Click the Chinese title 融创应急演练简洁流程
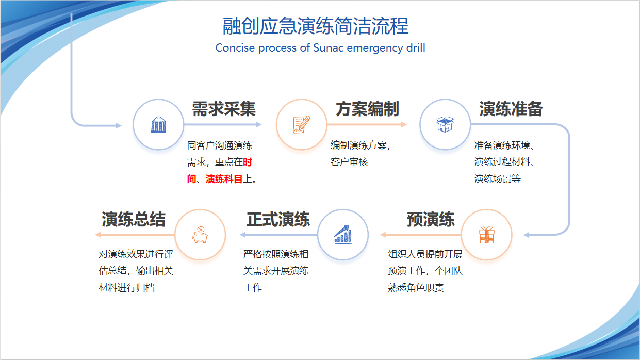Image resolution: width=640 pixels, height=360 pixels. coord(316,26)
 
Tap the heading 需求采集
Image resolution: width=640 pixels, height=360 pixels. coord(224,109)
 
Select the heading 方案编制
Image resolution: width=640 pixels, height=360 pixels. coord(367,109)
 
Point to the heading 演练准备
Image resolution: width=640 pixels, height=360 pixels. coord(511,109)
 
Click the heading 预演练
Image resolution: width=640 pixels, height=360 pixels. coord(431,219)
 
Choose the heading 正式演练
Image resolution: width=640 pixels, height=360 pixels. coord(278,219)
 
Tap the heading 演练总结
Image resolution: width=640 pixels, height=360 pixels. coord(134,219)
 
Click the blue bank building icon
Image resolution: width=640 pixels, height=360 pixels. coord(159,124)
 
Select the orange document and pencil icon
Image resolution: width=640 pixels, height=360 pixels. coord(302,124)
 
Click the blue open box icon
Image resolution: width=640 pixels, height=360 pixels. coord(445,124)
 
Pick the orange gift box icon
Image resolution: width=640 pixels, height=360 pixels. coord(486,235)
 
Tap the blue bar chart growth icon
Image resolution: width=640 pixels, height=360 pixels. coord(342,235)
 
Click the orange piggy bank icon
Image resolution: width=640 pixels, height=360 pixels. coord(200,235)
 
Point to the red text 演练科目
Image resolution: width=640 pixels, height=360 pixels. coord(224,179)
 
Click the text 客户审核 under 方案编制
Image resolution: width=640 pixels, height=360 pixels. coord(349,162)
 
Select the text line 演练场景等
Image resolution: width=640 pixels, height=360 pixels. coord(497,179)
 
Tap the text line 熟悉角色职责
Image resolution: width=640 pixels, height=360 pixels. coord(416,287)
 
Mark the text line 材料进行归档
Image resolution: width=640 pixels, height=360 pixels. coord(126,287)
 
